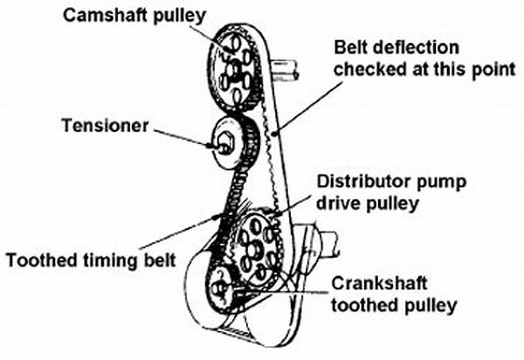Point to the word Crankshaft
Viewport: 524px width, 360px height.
point(377,285)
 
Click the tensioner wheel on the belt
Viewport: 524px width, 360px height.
point(228,142)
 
